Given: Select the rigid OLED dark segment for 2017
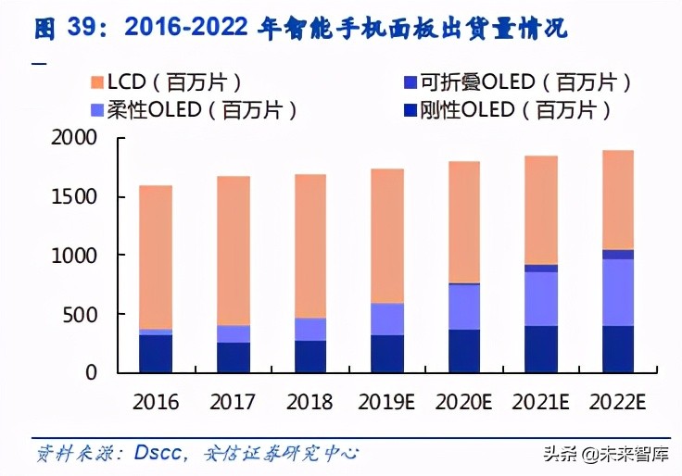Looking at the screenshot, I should point(234,357).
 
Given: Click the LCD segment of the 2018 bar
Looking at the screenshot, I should point(311,245).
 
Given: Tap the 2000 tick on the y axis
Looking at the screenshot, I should point(73,138).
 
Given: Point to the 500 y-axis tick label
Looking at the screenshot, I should point(80,315).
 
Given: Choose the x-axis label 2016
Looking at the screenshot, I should point(156,404).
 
